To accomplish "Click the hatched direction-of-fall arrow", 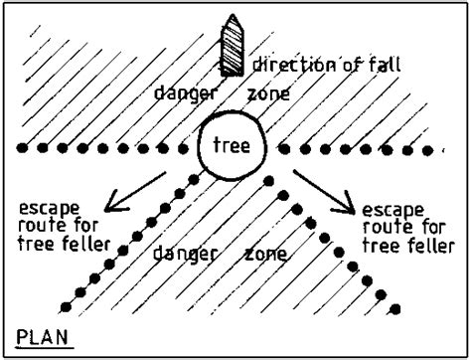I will [233, 50].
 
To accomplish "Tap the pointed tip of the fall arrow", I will [233, 17].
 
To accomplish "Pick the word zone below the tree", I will [265, 254].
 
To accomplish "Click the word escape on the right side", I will [393, 210].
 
